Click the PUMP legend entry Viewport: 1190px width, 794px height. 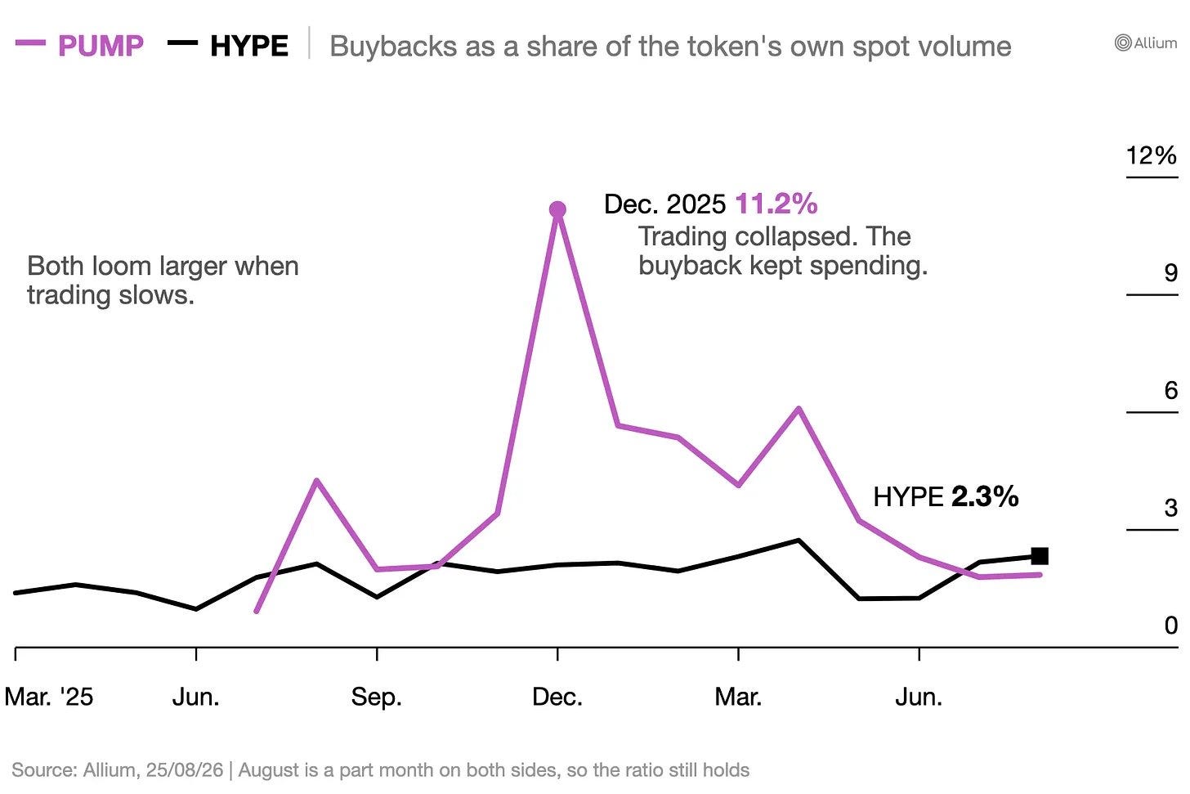[x=80, y=45]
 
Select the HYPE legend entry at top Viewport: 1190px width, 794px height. [x=229, y=45]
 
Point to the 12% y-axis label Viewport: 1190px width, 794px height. [x=1152, y=155]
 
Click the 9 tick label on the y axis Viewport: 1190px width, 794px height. [x=1171, y=272]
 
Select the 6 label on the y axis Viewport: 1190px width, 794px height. [x=1171, y=391]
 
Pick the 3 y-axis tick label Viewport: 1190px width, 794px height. [x=1171, y=508]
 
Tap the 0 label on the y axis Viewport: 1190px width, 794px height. [x=1171, y=626]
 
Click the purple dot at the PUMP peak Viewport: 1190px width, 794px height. [x=557, y=210]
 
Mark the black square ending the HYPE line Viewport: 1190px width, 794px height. [x=1040, y=556]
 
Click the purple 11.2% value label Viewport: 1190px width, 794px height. [x=776, y=204]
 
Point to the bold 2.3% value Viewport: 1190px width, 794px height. [x=985, y=496]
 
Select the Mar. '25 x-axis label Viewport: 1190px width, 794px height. [x=49, y=697]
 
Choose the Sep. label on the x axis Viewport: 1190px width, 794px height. [x=377, y=697]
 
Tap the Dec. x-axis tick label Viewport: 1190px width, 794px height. [x=557, y=697]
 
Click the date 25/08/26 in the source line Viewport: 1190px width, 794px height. [x=185, y=770]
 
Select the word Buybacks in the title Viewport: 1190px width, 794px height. [x=393, y=47]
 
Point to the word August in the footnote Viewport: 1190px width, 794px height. [x=269, y=770]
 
